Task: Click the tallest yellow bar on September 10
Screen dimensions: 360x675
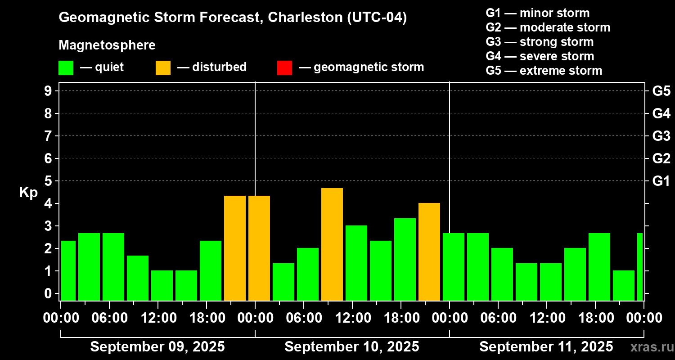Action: pyautogui.click(x=332, y=244)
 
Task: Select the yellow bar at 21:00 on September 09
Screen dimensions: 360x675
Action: pyautogui.click(x=235, y=248)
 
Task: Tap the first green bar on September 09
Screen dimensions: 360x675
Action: pyautogui.click(x=68, y=270)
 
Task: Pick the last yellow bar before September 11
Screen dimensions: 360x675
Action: pyautogui.click(x=429, y=252)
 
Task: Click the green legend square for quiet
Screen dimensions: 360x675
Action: pyautogui.click(x=66, y=67)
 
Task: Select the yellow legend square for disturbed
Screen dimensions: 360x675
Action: pyautogui.click(x=163, y=67)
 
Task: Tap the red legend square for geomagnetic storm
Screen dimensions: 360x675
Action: pyautogui.click(x=284, y=67)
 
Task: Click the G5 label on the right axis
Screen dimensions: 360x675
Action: pyautogui.click(x=661, y=91)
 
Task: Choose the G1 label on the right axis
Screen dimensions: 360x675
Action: pyautogui.click(x=661, y=181)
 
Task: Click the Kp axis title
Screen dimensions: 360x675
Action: pyautogui.click(x=28, y=193)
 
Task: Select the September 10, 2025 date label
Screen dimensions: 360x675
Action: pyautogui.click(x=352, y=347)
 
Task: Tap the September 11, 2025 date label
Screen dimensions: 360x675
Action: pyautogui.click(x=546, y=347)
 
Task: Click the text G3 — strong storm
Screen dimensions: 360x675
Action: pyautogui.click(x=540, y=42)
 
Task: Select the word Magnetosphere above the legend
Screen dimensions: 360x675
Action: pyautogui.click(x=107, y=45)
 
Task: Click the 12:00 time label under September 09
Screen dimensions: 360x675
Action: pyautogui.click(x=158, y=318)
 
